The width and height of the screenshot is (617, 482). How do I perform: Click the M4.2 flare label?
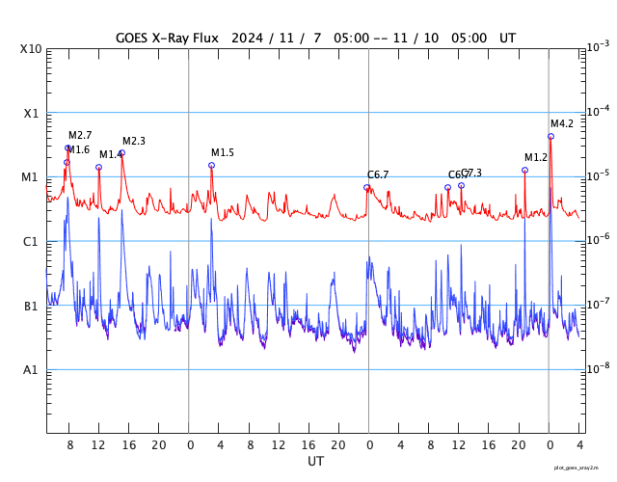pyautogui.click(x=562, y=123)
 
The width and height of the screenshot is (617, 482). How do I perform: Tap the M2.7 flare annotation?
pyautogui.click(x=80, y=135)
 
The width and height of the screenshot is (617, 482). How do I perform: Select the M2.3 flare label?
pyautogui.click(x=134, y=142)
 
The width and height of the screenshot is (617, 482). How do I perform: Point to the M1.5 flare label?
pyautogui.click(x=223, y=153)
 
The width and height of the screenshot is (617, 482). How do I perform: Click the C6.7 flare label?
pyautogui.click(x=378, y=174)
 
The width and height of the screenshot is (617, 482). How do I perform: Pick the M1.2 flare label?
pyautogui.click(x=536, y=157)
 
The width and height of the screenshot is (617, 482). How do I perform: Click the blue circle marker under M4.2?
pyautogui.click(x=550, y=137)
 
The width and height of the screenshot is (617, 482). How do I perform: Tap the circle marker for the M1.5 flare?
pyautogui.click(x=211, y=166)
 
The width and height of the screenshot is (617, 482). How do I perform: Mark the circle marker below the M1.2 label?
pyautogui.click(x=524, y=170)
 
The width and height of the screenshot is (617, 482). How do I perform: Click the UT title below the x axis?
pyautogui.click(x=315, y=462)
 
